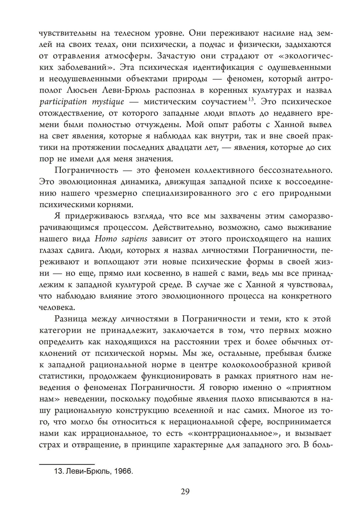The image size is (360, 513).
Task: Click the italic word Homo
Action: tap(95, 239)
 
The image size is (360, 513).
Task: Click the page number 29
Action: tap(185, 492)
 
